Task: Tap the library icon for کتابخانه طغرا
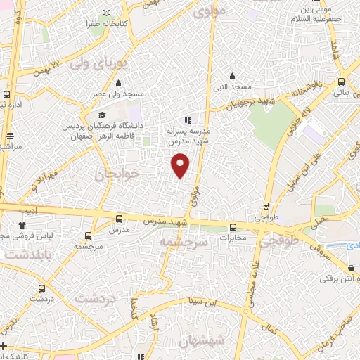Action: point(106,13)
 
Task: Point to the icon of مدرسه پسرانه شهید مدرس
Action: point(187,120)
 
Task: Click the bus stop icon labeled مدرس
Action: point(119,219)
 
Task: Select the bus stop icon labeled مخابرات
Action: point(233,226)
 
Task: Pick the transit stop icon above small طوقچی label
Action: point(265,206)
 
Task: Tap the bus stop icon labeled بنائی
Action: point(341,81)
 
